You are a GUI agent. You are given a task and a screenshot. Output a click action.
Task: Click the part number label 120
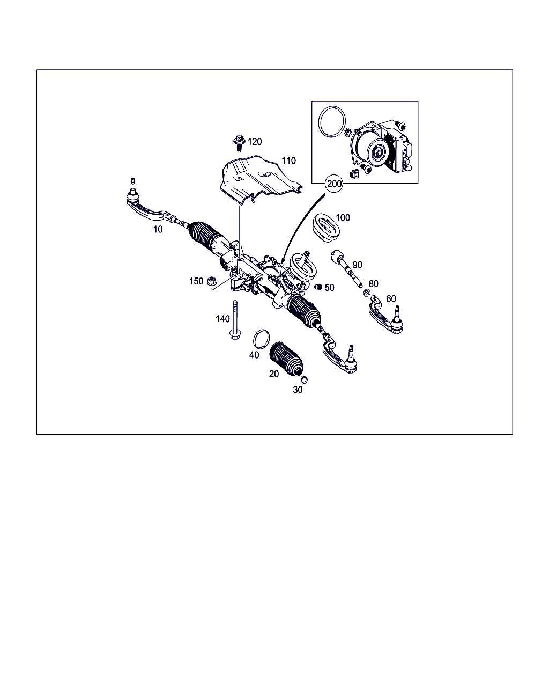(255, 141)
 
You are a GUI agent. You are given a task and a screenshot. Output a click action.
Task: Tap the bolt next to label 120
(239, 143)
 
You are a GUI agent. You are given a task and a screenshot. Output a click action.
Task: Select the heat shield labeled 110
(261, 179)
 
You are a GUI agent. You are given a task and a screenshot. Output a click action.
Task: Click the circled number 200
(334, 184)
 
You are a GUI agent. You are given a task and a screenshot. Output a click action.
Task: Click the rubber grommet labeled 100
(325, 228)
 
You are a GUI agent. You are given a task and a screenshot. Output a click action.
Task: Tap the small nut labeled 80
(367, 292)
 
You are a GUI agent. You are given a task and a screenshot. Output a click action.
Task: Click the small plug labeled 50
(318, 287)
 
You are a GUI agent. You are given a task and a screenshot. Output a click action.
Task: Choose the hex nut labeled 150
(211, 281)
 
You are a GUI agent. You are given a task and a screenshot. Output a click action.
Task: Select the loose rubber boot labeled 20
(286, 359)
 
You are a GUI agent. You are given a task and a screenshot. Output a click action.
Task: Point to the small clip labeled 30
(305, 379)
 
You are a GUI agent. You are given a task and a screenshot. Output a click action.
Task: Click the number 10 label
(158, 230)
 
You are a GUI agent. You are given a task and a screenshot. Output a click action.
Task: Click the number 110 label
(288, 160)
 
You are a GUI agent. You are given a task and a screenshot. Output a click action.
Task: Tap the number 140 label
(222, 319)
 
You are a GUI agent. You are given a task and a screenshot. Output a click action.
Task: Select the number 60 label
(391, 299)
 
